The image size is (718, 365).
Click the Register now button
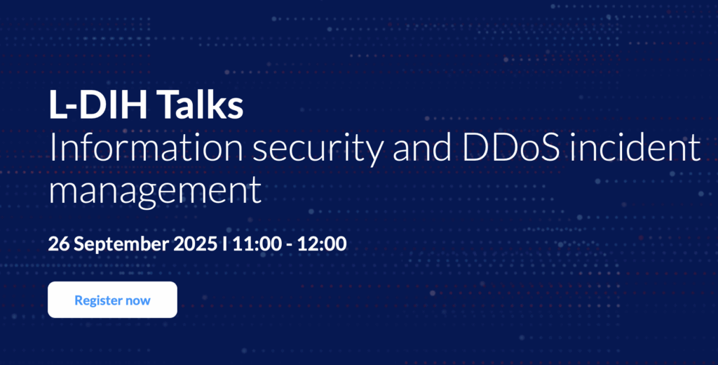[x=112, y=300]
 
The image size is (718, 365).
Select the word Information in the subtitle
[x=146, y=147]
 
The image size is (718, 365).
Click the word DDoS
[x=510, y=148]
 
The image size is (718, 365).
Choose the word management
[x=155, y=191]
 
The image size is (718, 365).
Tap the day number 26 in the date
[x=59, y=244]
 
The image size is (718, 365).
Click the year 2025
[x=196, y=244]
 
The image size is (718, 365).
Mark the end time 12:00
[x=323, y=244]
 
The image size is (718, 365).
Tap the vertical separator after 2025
[x=224, y=244]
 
